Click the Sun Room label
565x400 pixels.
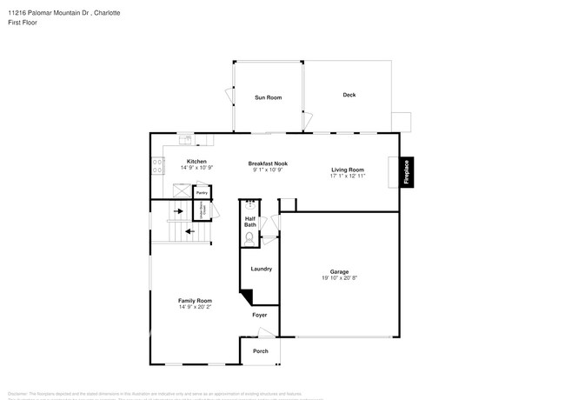[268, 97]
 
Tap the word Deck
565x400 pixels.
[349, 95]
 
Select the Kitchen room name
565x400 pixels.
[196, 161]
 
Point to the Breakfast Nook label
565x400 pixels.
[267, 163]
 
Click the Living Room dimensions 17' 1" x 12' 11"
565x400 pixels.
[347, 176]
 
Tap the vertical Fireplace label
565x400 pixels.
[406, 170]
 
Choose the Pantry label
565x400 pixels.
[201, 193]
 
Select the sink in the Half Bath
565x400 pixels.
[249, 207]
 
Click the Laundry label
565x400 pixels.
[261, 269]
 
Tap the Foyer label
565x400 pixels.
[259, 315]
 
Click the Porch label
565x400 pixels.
[260, 350]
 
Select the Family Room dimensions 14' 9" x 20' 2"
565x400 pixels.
[196, 307]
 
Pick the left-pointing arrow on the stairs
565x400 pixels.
[189, 231]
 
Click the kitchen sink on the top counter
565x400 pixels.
[185, 138]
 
